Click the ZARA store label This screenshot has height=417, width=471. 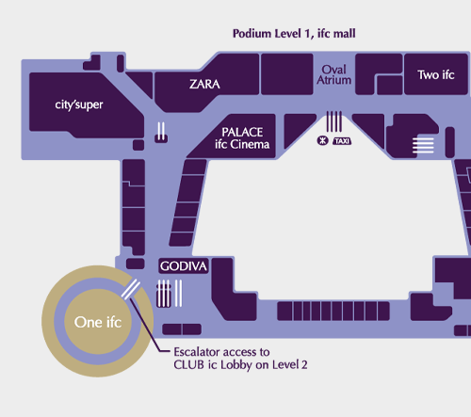point(204,84)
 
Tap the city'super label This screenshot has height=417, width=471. point(79,104)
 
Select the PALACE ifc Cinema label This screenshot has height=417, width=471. point(242,138)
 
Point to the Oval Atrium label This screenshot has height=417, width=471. point(333,74)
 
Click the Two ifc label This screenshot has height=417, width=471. point(436,75)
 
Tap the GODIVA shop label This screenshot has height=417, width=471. point(184,266)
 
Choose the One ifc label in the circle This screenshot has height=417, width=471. point(98,322)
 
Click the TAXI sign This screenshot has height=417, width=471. point(342,141)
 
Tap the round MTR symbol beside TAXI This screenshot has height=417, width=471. point(322,140)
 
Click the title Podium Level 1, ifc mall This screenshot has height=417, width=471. point(294,34)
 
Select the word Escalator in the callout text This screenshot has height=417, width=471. point(199,352)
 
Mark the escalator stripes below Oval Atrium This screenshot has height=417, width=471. point(334,121)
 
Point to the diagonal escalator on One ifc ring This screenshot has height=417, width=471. point(131,289)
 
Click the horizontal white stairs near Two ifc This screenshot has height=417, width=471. point(423,145)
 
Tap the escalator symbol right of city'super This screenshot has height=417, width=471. point(161,131)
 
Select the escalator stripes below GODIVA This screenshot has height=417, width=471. point(170,294)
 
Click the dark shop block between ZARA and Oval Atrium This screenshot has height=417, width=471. point(287,74)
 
